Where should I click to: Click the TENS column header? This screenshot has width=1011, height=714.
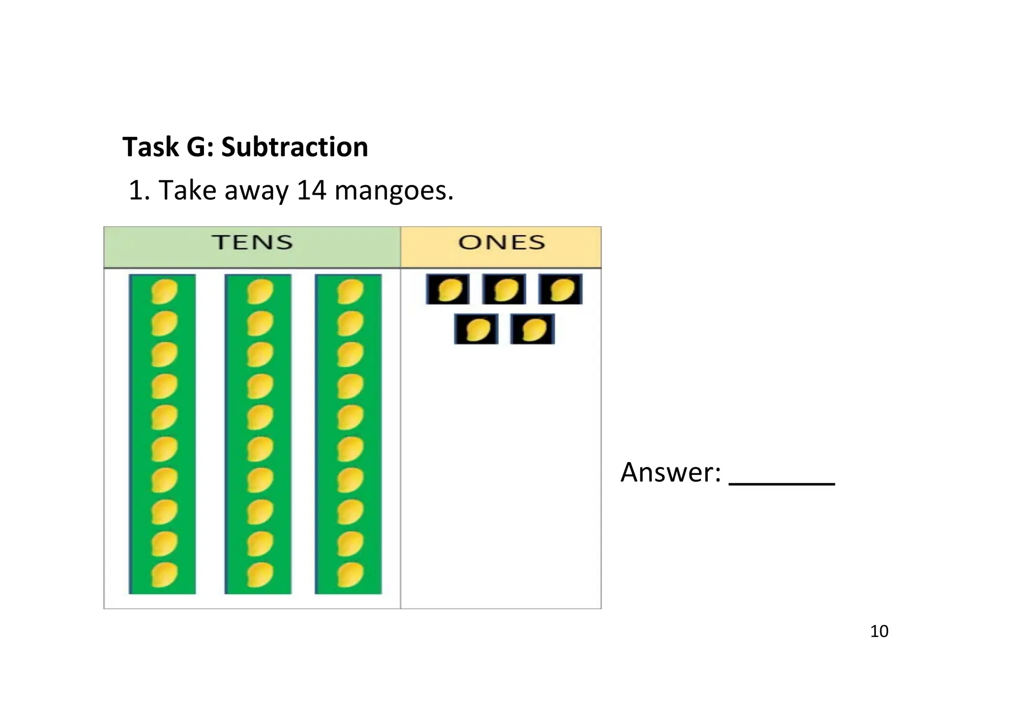pos(252,243)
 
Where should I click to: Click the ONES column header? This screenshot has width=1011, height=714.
pos(501,243)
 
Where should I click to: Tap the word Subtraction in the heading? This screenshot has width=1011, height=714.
pos(294,147)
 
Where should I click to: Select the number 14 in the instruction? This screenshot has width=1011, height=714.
pos(311,190)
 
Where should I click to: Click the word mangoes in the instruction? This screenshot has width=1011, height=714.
pos(393,191)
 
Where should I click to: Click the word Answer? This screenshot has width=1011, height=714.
pos(670,472)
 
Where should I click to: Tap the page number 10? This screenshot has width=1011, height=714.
pos(879,631)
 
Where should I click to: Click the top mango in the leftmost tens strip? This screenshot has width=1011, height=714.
pos(164,292)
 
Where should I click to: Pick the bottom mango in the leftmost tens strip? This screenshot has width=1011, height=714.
pos(164,575)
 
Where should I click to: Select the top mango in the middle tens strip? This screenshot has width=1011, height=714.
pos(259,292)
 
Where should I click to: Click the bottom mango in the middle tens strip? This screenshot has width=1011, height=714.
pos(259,575)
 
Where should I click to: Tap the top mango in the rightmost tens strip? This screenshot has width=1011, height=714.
pos(350,292)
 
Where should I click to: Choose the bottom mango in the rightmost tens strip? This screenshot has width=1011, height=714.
pos(350,575)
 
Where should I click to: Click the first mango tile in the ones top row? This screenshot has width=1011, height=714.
pos(448,289)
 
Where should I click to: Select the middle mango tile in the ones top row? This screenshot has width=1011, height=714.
pos(504,289)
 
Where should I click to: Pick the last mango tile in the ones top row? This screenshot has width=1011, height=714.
pos(560,289)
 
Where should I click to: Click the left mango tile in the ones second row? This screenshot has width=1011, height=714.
pos(476,329)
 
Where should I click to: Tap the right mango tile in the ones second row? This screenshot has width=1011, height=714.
pos(532,329)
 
